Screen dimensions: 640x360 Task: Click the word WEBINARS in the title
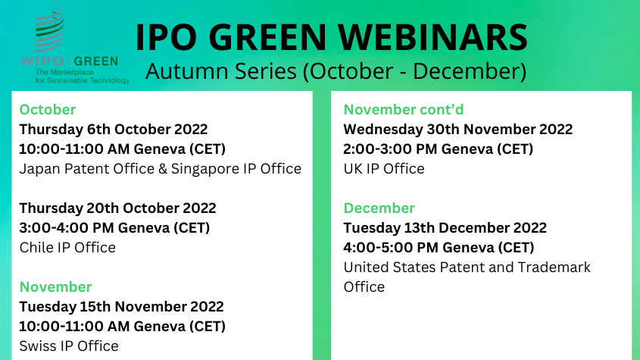(433, 37)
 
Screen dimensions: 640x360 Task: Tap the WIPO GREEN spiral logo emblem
(50, 27)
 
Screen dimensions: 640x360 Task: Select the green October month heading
(48, 109)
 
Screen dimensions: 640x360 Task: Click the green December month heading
(379, 208)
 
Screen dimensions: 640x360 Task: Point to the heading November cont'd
(403, 109)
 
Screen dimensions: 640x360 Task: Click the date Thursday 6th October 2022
(114, 129)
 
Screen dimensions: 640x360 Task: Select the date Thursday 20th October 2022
(117, 208)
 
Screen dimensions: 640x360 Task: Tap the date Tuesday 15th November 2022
(122, 306)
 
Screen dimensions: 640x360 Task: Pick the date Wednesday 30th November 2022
(458, 129)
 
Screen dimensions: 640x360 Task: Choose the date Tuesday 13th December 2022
(445, 227)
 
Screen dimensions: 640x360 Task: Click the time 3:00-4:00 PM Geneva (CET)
(114, 227)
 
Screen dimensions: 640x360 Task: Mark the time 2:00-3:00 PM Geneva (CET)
(439, 149)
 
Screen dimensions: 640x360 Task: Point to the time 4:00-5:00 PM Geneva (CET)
(439, 247)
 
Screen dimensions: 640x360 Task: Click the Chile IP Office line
(67, 247)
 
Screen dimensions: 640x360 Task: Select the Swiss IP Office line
(69, 346)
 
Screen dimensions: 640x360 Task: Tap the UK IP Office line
(384, 169)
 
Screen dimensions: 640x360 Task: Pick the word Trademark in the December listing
(554, 268)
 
